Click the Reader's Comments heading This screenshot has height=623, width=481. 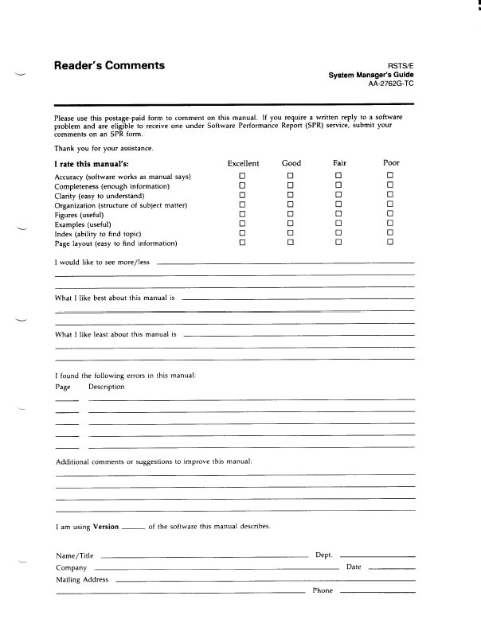tap(109, 66)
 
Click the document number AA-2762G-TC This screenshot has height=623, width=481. tap(391, 84)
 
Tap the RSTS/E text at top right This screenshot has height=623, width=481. tap(401, 66)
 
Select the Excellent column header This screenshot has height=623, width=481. tap(243, 163)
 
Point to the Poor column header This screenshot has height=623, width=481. tap(391, 163)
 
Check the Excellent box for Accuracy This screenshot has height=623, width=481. tap(243, 176)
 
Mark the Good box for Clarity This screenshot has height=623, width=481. tap(291, 195)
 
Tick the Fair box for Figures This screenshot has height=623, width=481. tap(338, 214)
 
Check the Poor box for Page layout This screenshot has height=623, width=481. tap(390, 243)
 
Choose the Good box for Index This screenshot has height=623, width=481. tap(291, 233)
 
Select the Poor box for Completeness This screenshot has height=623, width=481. tap(390, 185)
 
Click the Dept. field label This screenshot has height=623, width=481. tap(323, 555)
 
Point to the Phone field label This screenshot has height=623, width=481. tap(323, 591)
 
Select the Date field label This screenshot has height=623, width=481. tap(354, 567)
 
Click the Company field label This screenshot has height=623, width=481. tap(72, 568)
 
